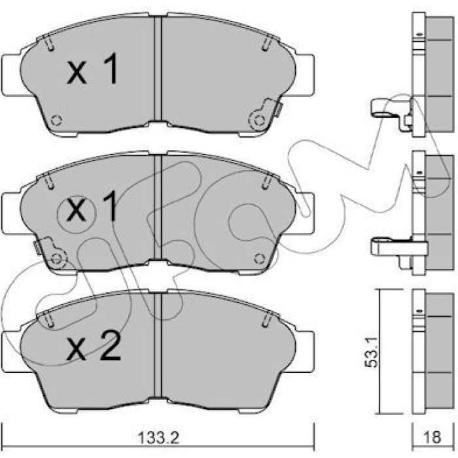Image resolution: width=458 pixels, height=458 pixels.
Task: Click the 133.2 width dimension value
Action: [x=158, y=438]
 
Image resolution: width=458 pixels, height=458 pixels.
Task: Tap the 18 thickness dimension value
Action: [x=432, y=437]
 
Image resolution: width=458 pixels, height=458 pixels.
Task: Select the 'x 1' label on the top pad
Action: [x=93, y=69]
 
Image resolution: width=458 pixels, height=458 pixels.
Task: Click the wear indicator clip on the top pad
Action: [x=265, y=114]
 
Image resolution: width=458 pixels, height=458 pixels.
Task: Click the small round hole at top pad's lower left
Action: [x=56, y=120]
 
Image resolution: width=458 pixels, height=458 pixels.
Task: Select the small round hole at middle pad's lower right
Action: [x=259, y=258]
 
